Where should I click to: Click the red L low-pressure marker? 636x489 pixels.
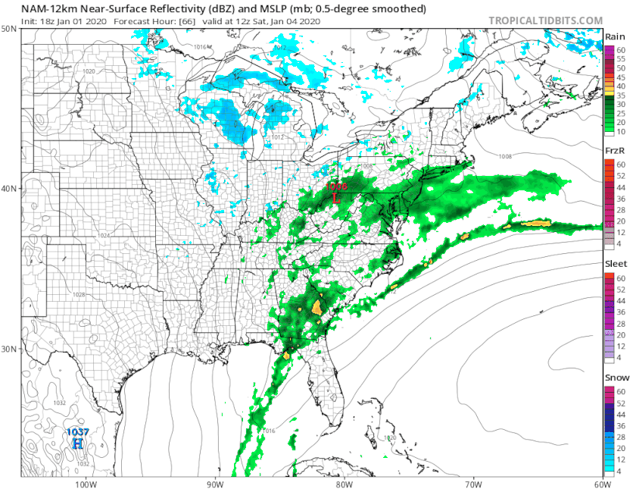tap(336, 197)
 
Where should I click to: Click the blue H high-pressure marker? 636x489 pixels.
tap(76, 443)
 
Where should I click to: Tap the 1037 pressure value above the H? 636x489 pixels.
tap(76, 432)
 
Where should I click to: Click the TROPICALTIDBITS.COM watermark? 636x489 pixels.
tap(546, 20)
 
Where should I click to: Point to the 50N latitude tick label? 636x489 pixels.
tap(10, 28)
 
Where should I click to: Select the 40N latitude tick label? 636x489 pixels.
tap(10, 188)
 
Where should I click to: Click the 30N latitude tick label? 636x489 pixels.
tap(10, 349)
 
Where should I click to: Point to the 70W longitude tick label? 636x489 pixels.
tap(473, 484)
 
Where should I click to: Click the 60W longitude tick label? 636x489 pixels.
tap(603, 484)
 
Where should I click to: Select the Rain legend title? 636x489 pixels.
tap(614, 36)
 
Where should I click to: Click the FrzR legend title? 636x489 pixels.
tap(614, 151)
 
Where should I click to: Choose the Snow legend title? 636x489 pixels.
tap(615, 377)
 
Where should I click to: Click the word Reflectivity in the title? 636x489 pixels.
tap(160, 9)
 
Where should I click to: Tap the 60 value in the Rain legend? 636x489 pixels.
tap(620, 50)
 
